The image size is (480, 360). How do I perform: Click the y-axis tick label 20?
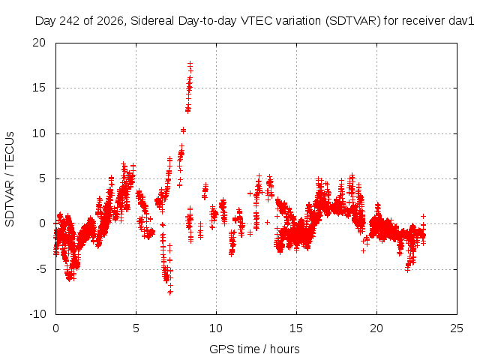39,43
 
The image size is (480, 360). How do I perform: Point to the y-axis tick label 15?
39,88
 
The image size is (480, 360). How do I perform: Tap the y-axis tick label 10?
39,133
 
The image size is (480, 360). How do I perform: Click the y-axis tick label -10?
37,314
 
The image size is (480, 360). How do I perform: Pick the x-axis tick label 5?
136,328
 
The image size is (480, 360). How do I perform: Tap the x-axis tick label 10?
216,328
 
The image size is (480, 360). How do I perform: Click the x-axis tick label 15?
296,328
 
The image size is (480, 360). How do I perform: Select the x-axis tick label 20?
376,328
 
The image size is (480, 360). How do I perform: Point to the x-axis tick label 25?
457,328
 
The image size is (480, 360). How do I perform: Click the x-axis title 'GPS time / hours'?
254,349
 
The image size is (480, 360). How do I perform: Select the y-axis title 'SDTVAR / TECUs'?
10,179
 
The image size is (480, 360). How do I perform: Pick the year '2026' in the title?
110,21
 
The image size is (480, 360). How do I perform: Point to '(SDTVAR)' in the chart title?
352,21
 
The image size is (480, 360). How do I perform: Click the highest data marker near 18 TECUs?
190,64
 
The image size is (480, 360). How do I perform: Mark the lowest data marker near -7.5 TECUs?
170,292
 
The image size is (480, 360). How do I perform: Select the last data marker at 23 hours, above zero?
423,217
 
